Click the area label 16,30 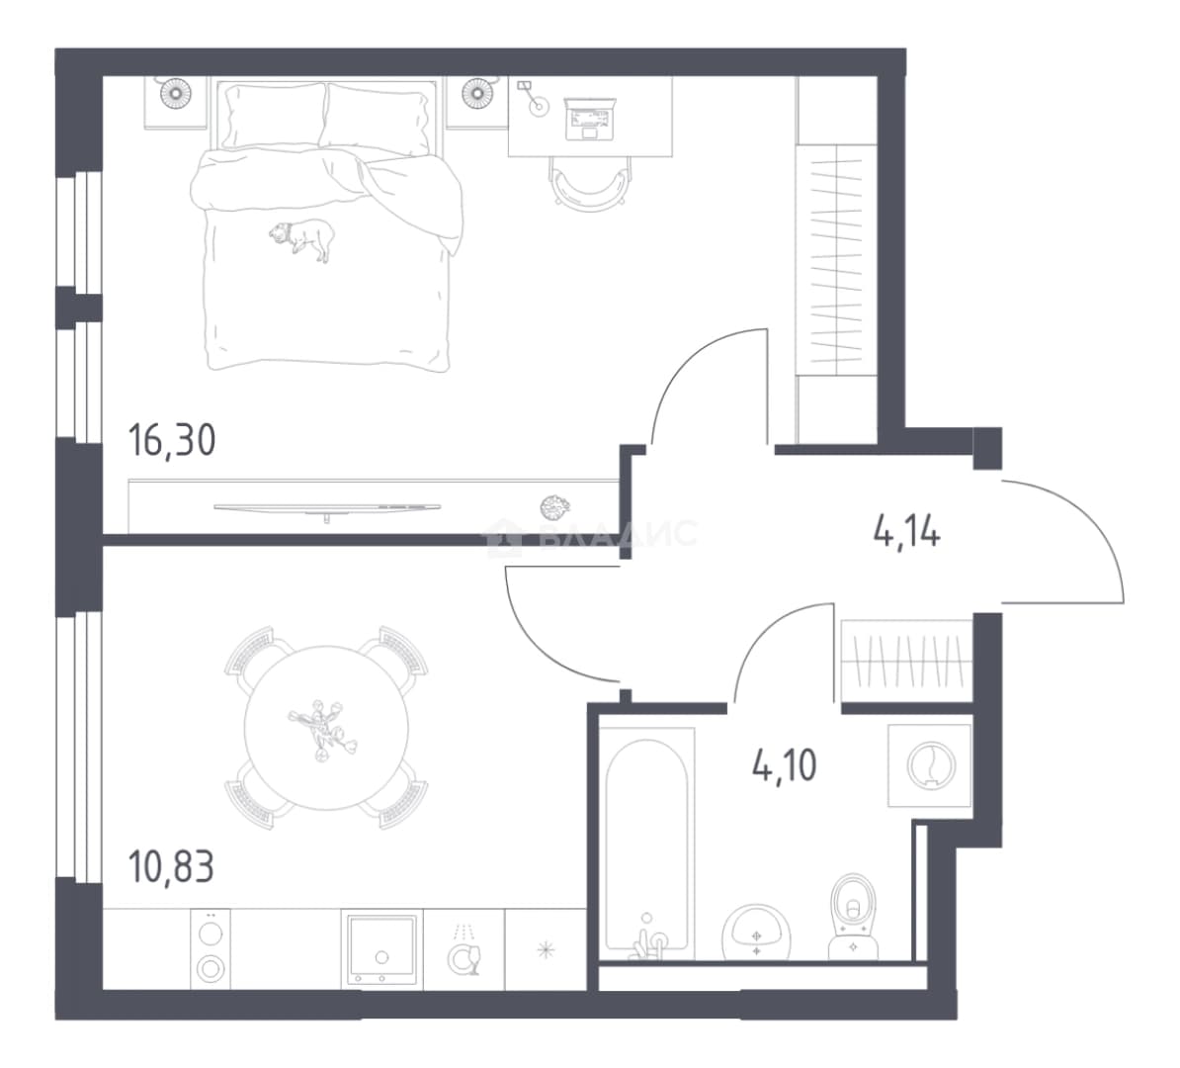[172, 441]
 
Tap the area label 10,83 [172, 867]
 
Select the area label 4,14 [907, 532]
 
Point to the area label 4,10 [785, 765]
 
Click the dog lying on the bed [302, 238]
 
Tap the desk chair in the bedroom [591, 183]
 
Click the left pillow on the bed [273, 116]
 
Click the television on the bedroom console [327, 508]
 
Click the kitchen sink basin [381, 949]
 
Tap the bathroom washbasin [756, 933]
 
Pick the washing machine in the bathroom [930, 765]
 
